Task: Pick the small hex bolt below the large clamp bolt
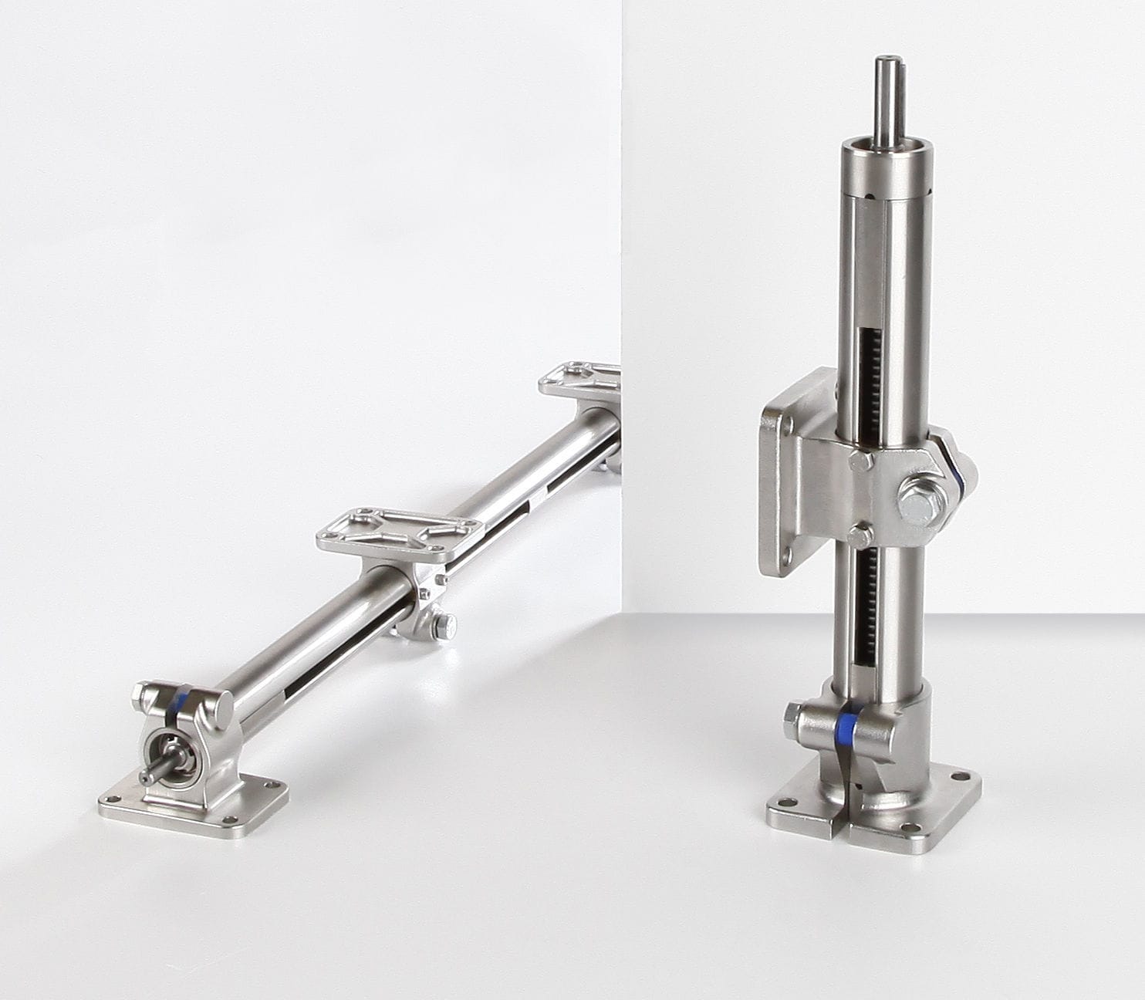tap(860, 535)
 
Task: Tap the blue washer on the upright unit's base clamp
tap(848, 725)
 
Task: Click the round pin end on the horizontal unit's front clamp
tap(223, 704)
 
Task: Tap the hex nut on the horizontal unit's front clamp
tap(140, 696)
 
